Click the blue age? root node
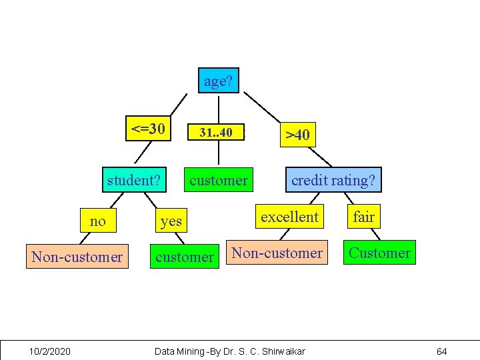pos(218,81)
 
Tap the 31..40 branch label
pos(216,133)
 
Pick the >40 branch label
pos(297,135)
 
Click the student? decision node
pos(134,180)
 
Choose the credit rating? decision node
pos(333,180)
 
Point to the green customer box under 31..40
pos(219,180)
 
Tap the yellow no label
pos(98,221)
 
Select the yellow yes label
pos(171,221)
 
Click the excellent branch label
pos(289,217)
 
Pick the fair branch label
pos(363,217)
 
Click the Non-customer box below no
pos(77,257)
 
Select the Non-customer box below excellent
pos(277,253)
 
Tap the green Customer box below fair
pos(379,253)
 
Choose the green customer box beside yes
pos(184,257)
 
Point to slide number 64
pos(441,351)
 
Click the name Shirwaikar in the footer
pos(280,351)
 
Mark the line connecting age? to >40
pos(263,107)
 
